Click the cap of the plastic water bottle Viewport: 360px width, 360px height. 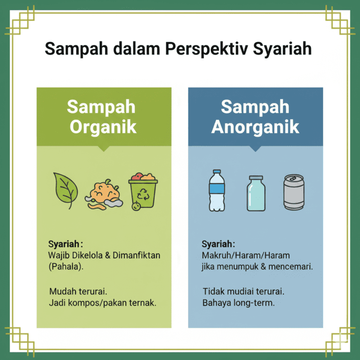[217, 172]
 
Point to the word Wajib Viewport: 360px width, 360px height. [59, 255]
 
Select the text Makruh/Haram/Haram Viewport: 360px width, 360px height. [246, 255]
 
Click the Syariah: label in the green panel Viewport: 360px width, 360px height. [66, 244]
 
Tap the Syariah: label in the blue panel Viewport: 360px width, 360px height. [218, 244]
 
